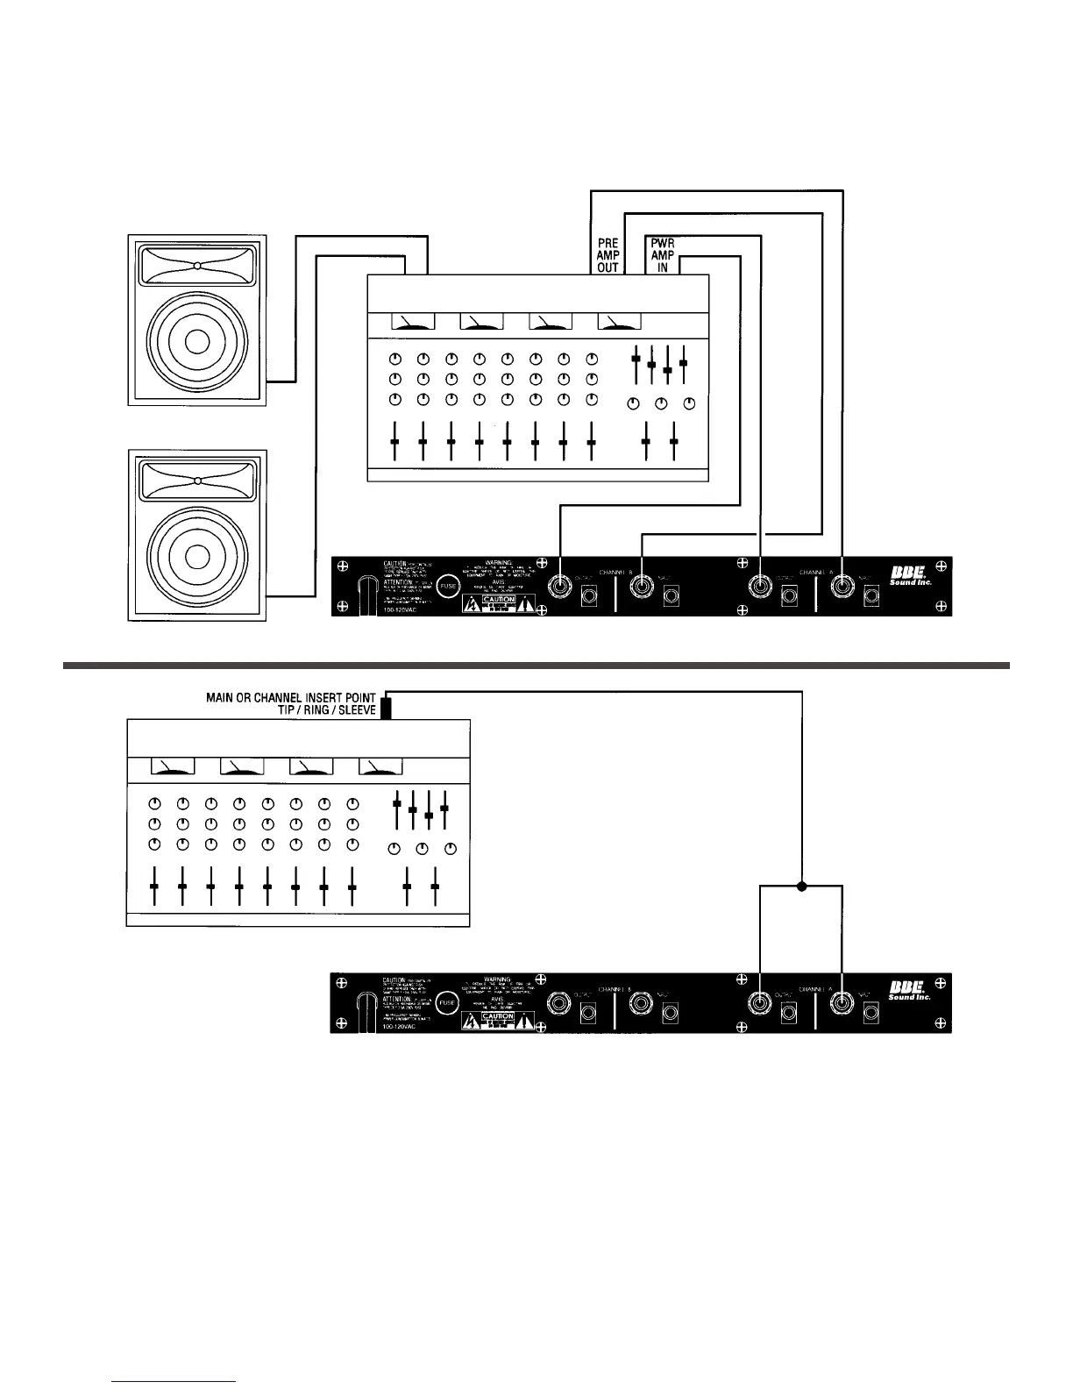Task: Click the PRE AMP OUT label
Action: pos(608,255)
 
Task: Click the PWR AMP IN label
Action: pos(663,255)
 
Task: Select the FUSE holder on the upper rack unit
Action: pos(448,585)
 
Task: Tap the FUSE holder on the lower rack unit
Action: pos(447,1001)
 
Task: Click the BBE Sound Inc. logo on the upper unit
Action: pos(909,575)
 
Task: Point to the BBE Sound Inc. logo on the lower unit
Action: pos(909,992)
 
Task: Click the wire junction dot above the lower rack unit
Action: pos(801,887)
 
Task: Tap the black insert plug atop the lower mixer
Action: pos(385,706)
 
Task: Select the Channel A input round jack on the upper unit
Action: pos(843,586)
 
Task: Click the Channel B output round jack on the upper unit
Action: pos(559,586)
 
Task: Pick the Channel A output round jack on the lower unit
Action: pos(759,1002)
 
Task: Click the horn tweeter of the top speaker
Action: pos(198,266)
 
